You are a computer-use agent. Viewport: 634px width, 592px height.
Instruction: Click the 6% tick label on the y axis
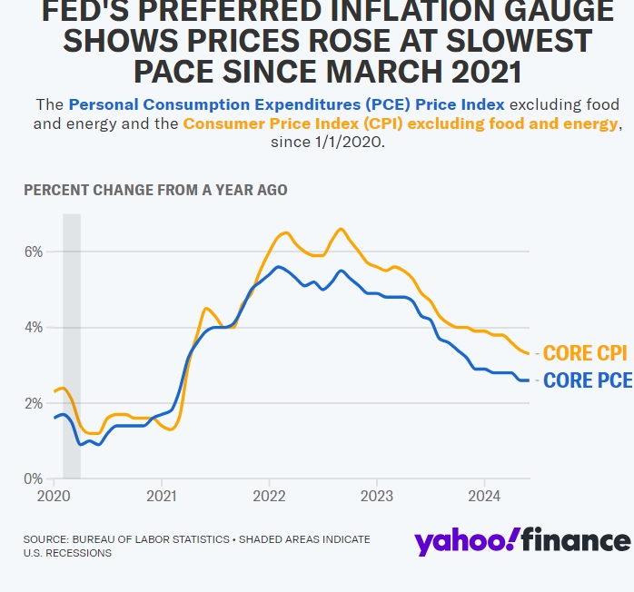pos(32,252)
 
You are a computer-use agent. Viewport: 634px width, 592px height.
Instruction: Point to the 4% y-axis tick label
pos(32,328)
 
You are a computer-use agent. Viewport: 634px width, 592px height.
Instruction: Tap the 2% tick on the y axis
pos(32,403)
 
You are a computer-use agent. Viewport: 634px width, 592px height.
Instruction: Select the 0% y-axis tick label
pos(32,479)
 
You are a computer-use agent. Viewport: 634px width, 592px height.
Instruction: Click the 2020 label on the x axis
pos(54,498)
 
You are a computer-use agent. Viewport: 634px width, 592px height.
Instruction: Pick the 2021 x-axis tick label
pos(162,498)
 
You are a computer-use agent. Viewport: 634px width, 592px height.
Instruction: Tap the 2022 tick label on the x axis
pos(269,498)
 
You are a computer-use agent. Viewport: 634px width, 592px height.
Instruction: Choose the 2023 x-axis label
pos(376,498)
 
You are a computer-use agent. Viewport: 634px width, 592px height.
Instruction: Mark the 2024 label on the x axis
pos(483,498)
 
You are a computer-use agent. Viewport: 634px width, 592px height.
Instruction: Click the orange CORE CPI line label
pos(586,353)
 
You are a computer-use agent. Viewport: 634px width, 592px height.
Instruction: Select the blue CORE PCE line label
pos(587,380)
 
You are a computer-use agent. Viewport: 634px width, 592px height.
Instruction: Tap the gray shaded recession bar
pos(71,345)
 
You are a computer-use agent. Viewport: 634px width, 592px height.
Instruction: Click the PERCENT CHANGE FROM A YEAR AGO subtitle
pos(155,190)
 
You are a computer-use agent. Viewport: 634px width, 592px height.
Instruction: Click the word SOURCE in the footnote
pos(47,539)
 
